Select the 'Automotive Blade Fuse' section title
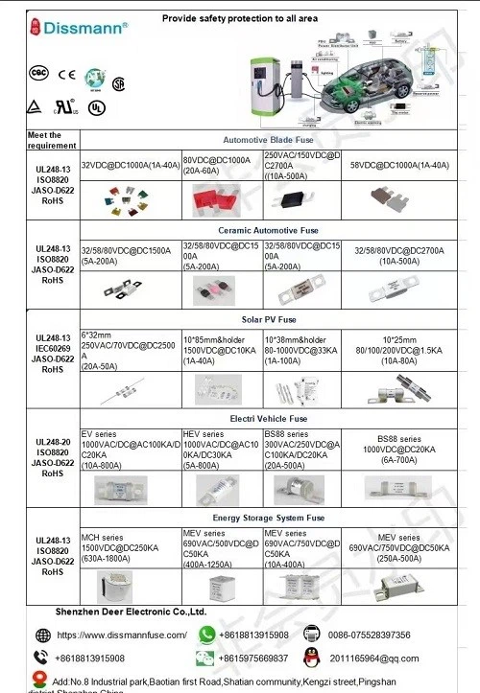point(268,139)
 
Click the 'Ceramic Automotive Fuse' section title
point(268,231)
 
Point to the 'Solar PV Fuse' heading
point(268,318)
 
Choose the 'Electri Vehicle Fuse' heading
point(268,419)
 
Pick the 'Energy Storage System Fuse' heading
point(268,518)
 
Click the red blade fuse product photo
point(220,197)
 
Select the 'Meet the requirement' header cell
point(44,140)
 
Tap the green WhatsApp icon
point(206,634)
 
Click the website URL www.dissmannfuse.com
point(122,635)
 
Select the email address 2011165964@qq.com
point(374,658)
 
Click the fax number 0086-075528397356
point(369,635)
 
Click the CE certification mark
point(66,73)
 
